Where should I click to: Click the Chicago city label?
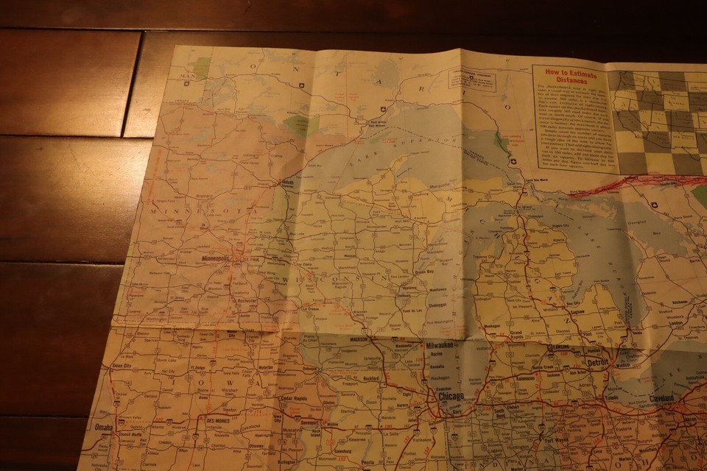tap(451, 397)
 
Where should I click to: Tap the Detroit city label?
tap(597, 363)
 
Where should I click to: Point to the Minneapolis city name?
tap(220, 260)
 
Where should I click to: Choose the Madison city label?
tap(359, 340)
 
